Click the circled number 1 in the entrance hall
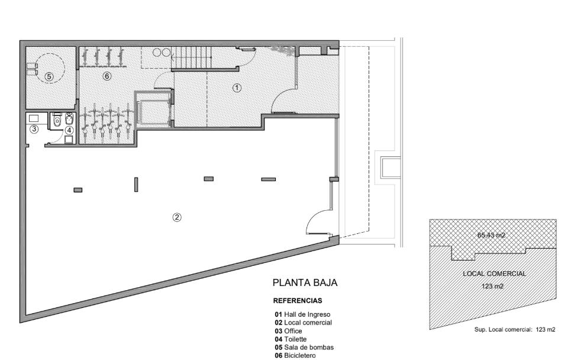(237, 88)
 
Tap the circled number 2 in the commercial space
(177, 217)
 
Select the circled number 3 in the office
(34, 129)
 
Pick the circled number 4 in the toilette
(69, 130)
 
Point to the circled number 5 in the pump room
(49, 76)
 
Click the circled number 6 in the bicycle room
(107, 76)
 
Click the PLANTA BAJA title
(305, 282)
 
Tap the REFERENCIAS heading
(297, 301)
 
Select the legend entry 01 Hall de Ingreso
(302, 314)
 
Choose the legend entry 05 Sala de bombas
(304, 348)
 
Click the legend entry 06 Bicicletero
(295, 356)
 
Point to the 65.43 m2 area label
(491, 235)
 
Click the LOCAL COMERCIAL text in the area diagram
(495, 274)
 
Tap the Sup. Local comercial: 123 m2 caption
(515, 330)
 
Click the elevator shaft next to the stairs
(153, 109)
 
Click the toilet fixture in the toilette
(57, 121)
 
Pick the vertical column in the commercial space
(136, 185)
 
